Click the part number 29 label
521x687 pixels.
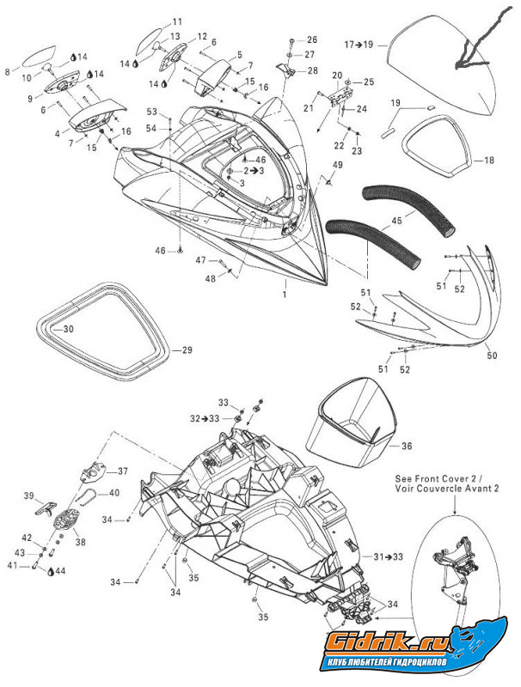pos(187,350)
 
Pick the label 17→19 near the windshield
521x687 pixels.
pos(359,43)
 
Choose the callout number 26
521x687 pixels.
pos(311,40)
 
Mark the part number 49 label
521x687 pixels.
pos(337,165)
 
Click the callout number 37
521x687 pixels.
pos(122,471)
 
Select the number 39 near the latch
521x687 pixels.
pos(28,496)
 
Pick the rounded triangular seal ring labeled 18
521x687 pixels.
pos(438,141)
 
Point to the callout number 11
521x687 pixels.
pos(177,21)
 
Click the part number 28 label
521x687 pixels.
pos(311,70)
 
